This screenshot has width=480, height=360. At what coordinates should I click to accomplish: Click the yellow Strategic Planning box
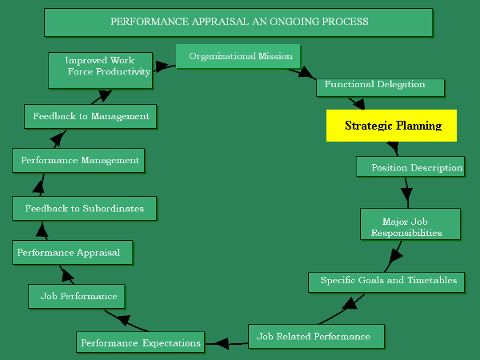tap(391, 126)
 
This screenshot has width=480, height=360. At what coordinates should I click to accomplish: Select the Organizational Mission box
tap(238, 57)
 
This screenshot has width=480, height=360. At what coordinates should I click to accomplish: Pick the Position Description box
tap(410, 167)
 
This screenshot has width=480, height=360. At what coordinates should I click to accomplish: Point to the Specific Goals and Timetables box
tap(387, 281)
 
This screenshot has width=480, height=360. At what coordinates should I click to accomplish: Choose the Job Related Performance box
tap(316, 336)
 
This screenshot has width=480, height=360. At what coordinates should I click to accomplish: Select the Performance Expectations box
tap(140, 343)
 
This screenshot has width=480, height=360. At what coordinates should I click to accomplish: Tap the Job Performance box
tap(78, 296)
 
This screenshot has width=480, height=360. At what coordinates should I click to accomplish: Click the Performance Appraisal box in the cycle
tap(72, 253)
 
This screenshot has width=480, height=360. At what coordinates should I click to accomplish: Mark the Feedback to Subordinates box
tap(84, 209)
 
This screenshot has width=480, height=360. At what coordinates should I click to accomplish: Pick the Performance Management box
tap(78, 160)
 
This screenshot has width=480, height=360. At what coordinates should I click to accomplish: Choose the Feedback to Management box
tap(90, 116)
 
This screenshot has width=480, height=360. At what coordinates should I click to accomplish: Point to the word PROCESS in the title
tap(345, 22)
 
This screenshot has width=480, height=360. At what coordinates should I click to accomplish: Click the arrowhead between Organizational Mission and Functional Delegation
tap(307, 74)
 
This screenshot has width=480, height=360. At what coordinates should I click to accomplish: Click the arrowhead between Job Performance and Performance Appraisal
tap(67, 278)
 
